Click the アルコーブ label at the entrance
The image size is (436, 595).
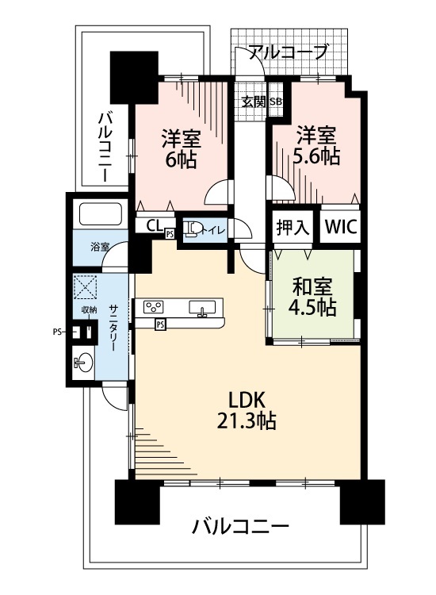coord(288,52)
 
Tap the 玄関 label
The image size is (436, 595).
coord(254,102)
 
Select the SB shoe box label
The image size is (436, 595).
coord(275,102)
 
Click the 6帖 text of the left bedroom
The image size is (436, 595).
coord(180,161)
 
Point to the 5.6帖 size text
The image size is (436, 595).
coord(316,155)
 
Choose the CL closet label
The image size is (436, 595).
coord(154,226)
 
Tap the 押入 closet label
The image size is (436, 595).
coord(293,228)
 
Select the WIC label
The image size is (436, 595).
coord(340,227)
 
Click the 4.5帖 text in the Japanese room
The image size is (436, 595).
coord(312,308)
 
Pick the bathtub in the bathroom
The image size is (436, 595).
coord(100,214)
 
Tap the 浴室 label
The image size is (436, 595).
coord(100,247)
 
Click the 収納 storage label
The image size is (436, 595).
coord(90,310)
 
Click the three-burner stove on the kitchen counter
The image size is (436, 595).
coord(153,306)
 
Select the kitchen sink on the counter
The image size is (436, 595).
coord(202,308)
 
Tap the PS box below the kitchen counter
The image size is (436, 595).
coord(160,324)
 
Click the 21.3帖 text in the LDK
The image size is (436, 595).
coord(246,420)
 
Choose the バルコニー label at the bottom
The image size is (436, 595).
coord(240,527)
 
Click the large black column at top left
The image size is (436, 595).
coord(134,78)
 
